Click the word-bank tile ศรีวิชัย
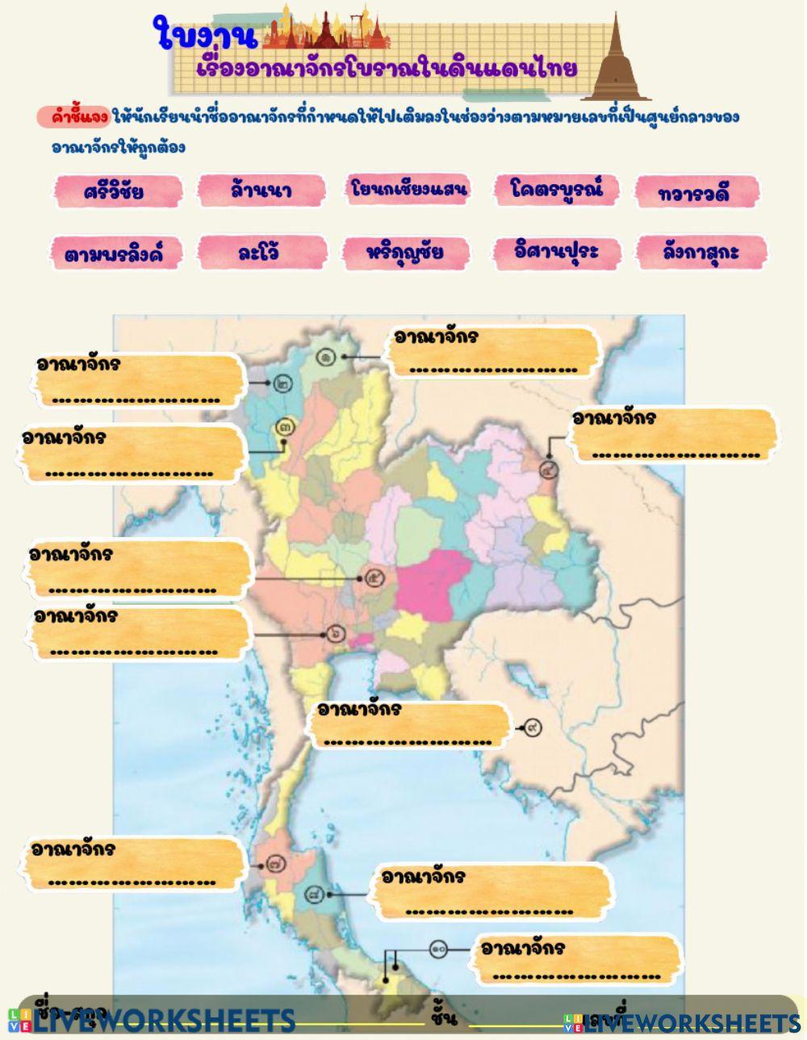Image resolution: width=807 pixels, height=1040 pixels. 114,191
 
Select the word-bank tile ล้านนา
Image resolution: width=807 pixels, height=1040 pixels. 260,191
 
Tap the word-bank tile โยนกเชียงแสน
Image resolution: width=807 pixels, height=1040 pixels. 408,189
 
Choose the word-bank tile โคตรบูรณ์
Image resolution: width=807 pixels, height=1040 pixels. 556,189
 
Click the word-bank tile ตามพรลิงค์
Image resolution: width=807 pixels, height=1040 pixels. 113,254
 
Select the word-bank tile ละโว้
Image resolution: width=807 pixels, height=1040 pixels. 260,252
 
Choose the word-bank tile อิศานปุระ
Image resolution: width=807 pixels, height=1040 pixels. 556,251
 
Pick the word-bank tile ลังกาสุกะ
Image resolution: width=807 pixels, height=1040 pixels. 700,252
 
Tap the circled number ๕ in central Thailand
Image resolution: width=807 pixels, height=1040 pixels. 374,578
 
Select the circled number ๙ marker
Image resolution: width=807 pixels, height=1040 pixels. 533,728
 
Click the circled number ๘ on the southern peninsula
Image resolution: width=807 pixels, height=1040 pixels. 316,895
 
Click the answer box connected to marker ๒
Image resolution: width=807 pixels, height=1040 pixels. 137,380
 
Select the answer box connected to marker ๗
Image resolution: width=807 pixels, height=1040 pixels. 133,865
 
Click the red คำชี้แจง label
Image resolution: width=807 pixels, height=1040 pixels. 73,117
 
